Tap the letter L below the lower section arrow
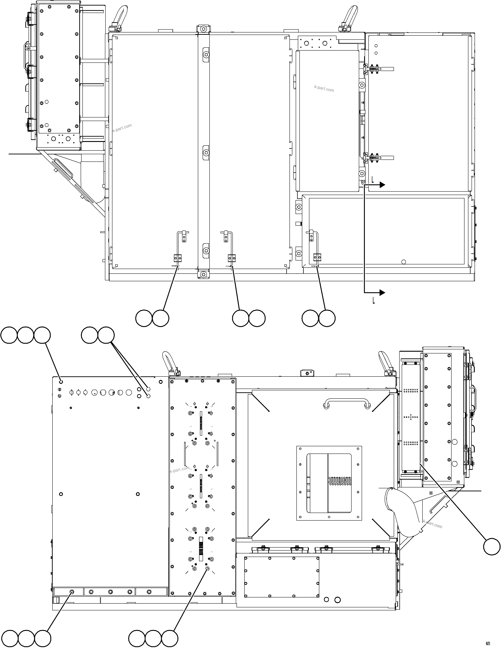(x=374, y=301)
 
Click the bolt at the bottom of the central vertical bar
(x=203, y=274)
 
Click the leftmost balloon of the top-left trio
(x=9, y=335)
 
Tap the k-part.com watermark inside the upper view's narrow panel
(x=324, y=88)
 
